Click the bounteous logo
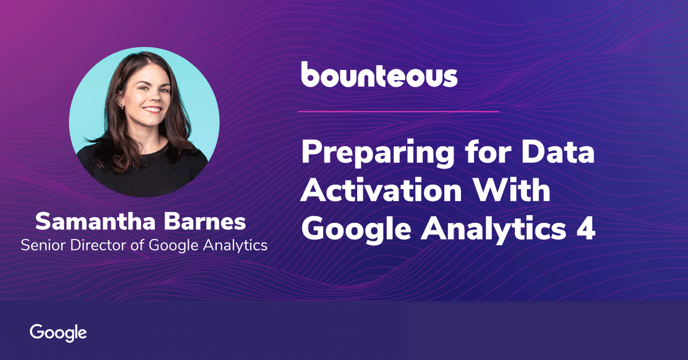380,75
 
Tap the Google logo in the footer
58,333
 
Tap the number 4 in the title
585,229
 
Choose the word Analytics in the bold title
493,230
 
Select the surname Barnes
205,221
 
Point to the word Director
98,245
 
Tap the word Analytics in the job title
235,246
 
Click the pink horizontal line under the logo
398,112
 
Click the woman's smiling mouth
153,109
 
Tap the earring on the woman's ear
122,107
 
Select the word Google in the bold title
356,230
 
